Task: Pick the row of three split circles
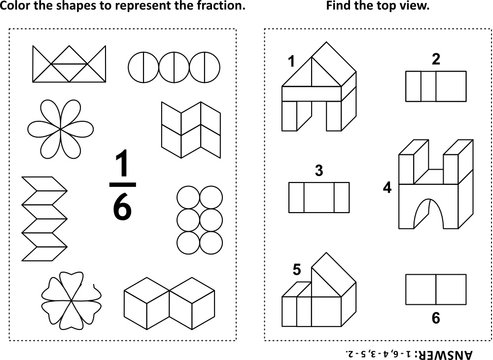point(168,66)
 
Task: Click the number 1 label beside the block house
point(291,62)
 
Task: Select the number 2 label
point(434,58)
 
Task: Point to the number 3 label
point(318,170)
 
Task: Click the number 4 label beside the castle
point(388,187)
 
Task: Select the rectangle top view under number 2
point(435,86)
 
